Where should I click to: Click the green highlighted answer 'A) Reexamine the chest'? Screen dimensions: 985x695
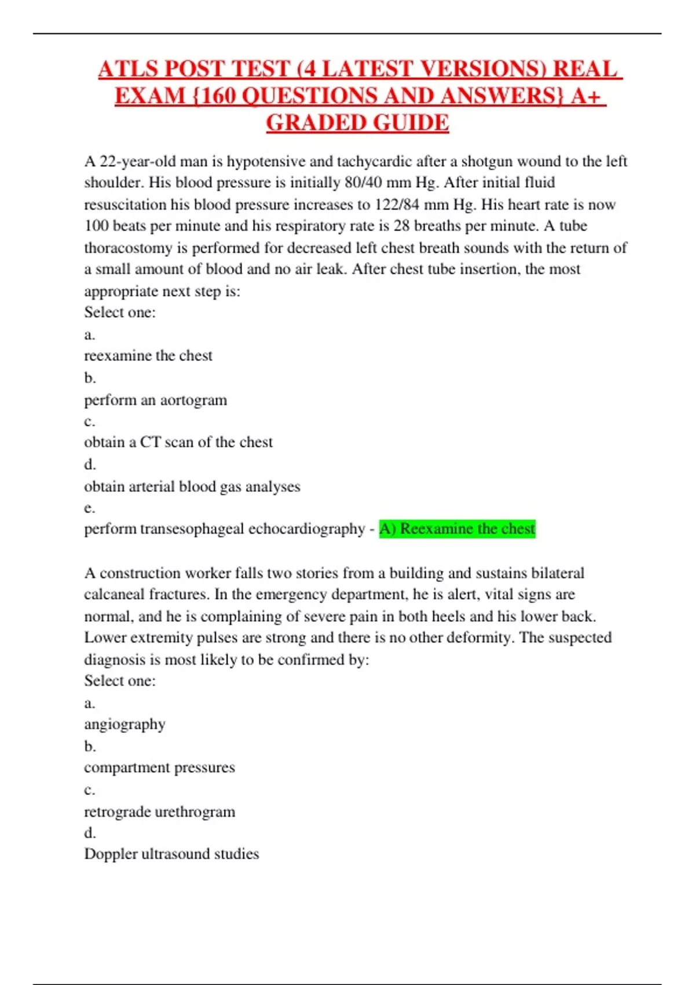click(x=457, y=529)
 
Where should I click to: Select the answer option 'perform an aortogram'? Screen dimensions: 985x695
click(x=155, y=400)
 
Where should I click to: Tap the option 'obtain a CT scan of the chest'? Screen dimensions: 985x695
click(x=178, y=442)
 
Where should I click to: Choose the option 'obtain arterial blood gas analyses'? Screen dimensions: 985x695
click(x=192, y=486)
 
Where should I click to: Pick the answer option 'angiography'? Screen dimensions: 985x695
click(x=125, y=724)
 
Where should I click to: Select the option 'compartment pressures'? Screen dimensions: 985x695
click(x=159, y=767)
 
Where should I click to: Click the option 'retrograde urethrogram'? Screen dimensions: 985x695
click(x=159, y=811)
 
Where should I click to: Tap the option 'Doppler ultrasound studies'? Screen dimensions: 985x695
click(x=171, y=853)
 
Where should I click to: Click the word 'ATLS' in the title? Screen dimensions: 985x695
click(x=129, y=70)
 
